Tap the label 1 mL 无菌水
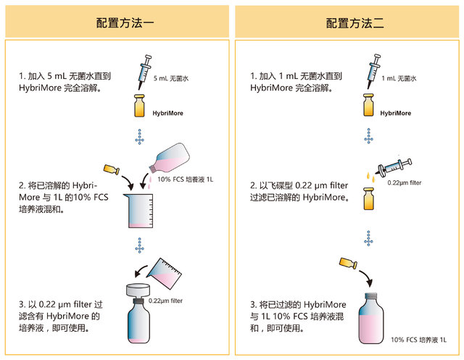tap(399, 78)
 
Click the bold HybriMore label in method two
tap(395, 113)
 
